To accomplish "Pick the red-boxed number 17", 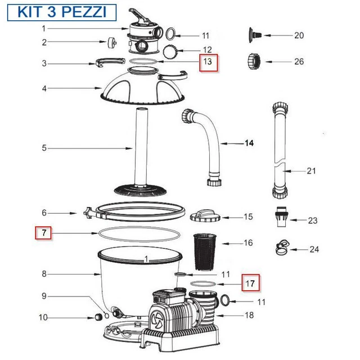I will click(251, 283).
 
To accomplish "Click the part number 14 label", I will click(248, 143).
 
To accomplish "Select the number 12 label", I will click(191, 50).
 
